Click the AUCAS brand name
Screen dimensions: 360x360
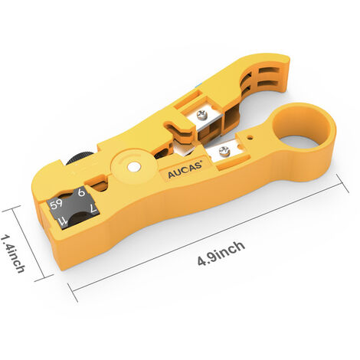(x=185, y=169)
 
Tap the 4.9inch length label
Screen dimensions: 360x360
(x=221, y=254)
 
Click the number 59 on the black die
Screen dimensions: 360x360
(x=57, y=204)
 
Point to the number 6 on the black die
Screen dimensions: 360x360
(x=81, y=192)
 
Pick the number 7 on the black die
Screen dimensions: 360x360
(x=93, y=208)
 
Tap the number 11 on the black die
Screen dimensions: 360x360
(x=63, y=221)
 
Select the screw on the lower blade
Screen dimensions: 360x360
(x=224, y=151)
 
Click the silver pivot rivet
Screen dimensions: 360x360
(x=134, y=166)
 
